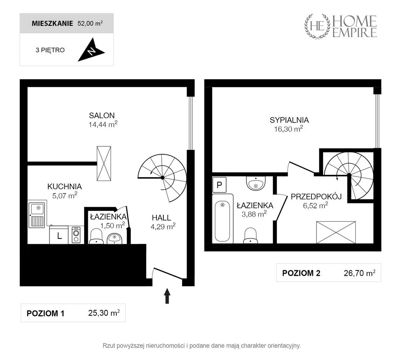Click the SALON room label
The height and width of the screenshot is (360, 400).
[x=102, y=116]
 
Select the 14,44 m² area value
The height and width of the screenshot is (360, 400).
[x=103, y=124]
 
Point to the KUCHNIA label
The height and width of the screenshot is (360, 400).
[x=64, y=186]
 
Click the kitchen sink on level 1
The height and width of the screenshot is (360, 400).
[x=37, y=215]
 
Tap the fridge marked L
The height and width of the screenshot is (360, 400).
[x=59, y=235]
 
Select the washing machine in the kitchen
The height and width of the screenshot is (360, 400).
[x=76, y=235]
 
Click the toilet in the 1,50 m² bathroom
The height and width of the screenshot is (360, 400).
[x=96, y=236]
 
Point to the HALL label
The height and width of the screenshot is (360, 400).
[x=162, y=218]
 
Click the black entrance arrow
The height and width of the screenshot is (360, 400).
[x=167, y=296]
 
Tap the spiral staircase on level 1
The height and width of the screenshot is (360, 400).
[x=162, y=178]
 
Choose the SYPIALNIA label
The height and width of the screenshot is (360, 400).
[x=289, y=120]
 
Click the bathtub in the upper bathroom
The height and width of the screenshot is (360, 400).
[x=223, y=219]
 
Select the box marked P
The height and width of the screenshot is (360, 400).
[x=219, y=185]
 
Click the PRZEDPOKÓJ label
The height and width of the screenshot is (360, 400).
[x=316, y=197]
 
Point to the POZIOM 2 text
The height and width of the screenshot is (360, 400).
[x=301, y=273]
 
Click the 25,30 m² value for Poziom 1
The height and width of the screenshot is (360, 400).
[x=104, y=313]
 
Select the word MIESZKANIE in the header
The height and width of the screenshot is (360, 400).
[x=52, y=23]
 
